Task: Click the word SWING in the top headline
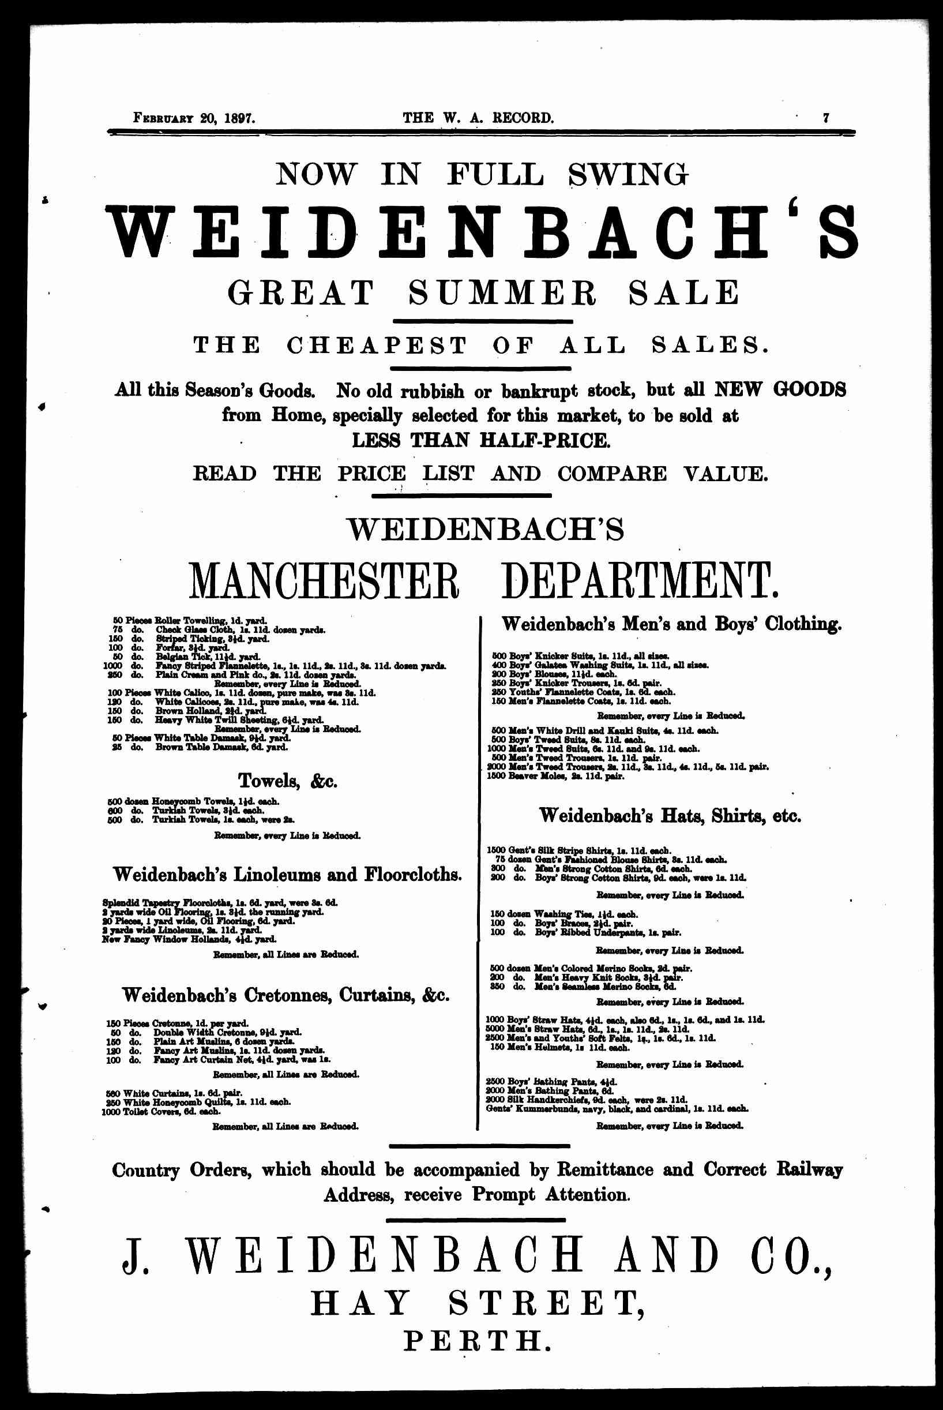[x=628, y=174]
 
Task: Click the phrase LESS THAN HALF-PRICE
[x=480, y=440]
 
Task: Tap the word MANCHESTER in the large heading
[x=324, y=580]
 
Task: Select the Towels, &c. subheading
[x=287, y=781]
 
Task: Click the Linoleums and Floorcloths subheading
[x=287, y=874]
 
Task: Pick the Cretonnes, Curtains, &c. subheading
[x=285, y=995]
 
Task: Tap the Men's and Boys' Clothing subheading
[x=671, y=624]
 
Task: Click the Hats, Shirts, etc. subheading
[x=671, y=816]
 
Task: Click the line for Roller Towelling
[x=191, y=620]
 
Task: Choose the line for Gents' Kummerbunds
[x=617, y=1108]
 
